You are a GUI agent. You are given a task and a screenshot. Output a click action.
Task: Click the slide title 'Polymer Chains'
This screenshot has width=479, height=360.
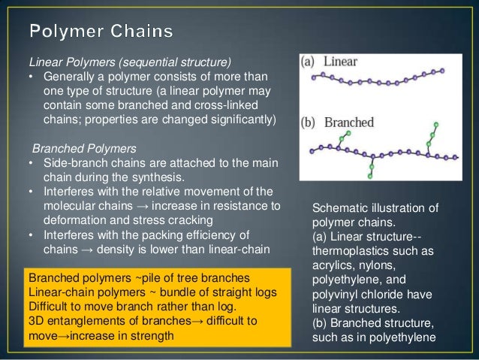pos(101,32)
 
